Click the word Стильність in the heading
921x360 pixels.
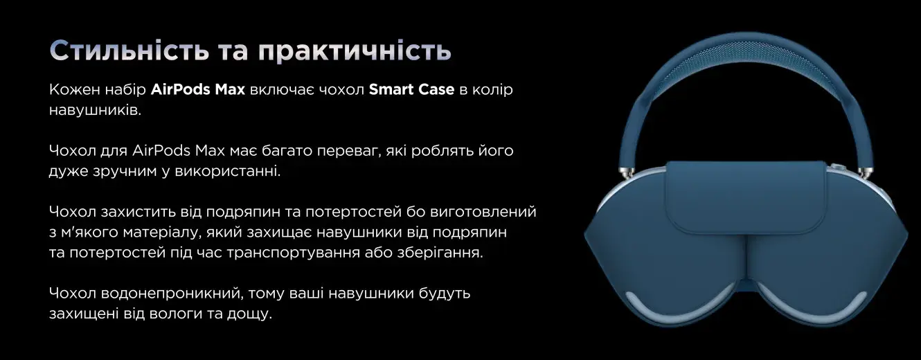(x=129, y=51)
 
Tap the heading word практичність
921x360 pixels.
(x=355, y=52)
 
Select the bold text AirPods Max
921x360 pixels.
(x=198, y=89)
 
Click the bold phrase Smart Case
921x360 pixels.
(x=411, y=89)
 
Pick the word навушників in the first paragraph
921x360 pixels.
(x=95, y=109)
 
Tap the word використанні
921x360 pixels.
(x=227, y=171)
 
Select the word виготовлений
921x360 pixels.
(x=483, y=212)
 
